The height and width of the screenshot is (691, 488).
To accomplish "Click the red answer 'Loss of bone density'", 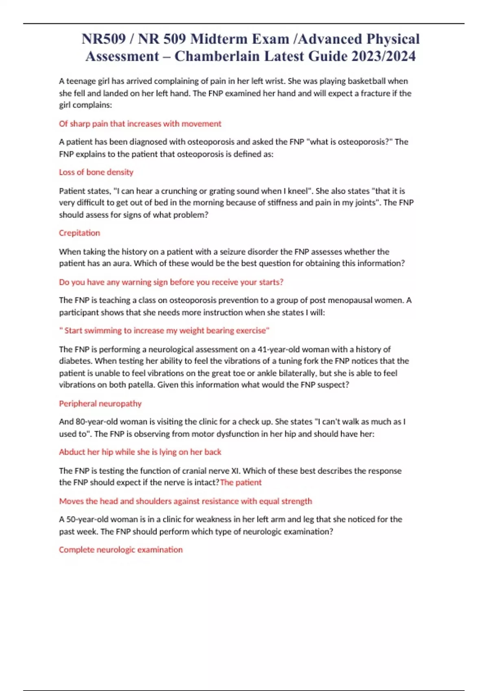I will tap(96, 172).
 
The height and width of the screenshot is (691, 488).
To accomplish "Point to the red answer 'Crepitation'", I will tap(79, 233).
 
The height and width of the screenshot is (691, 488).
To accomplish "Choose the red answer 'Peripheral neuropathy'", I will tap(100, 404).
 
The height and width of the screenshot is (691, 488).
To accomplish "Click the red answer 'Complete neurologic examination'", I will tap(121, 550).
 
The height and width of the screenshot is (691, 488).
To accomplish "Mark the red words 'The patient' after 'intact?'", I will tap(241, 483).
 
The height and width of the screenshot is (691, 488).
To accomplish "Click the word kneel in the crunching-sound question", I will tap(298, 191).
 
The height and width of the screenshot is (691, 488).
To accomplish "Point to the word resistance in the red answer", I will tap(220, 501).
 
